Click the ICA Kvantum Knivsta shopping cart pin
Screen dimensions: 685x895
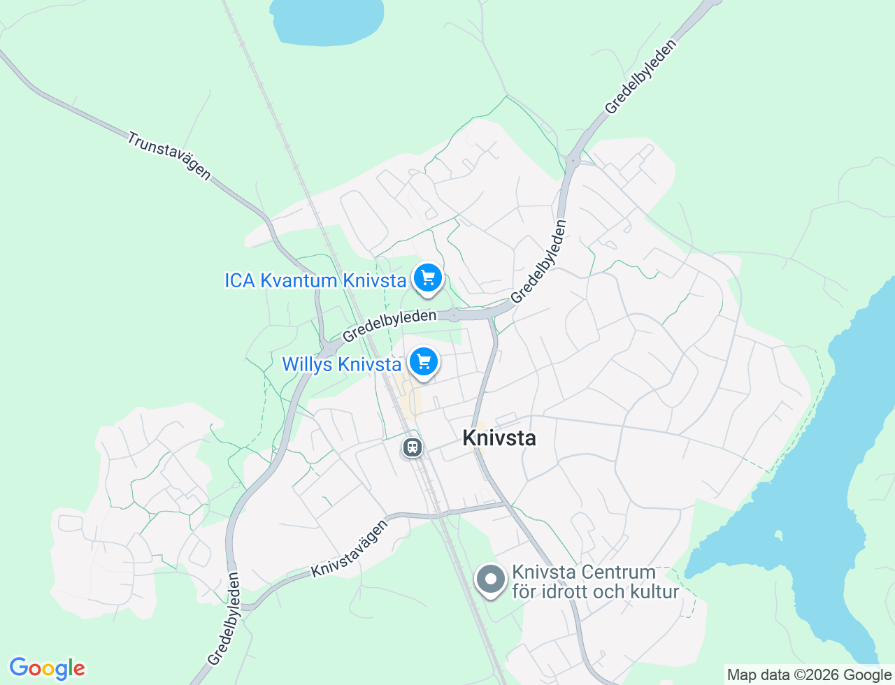click(428, 278)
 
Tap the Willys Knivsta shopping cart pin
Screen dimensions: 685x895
click(424, 362)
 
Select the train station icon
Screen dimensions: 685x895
click(413, 447)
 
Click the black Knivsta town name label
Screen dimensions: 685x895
click(499, 438)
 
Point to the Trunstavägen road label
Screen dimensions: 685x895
click(169, 156)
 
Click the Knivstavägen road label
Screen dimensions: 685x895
click(349, 549)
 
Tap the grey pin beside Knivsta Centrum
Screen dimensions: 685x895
click(491, 579)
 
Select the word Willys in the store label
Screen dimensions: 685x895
click(307, 364)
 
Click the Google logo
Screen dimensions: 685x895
click(47, 668)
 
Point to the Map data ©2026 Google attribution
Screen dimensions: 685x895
click(809, 675)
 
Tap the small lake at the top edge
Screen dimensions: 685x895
click(327, 20)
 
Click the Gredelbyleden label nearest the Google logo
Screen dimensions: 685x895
click(224, 619)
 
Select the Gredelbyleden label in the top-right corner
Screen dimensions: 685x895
click(640, 77)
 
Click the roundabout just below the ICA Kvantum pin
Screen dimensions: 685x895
click(454, 315)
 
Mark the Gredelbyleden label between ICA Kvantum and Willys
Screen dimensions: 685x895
click(389, 326)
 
